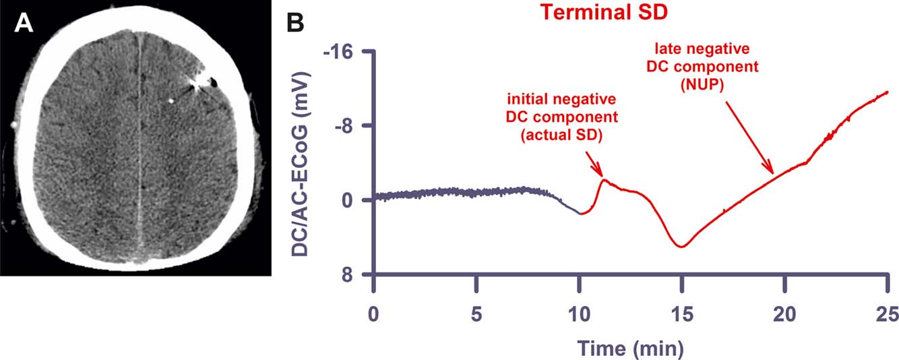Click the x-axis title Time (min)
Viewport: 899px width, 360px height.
point(630,347)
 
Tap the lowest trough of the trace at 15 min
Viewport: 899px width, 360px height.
point(683,247)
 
